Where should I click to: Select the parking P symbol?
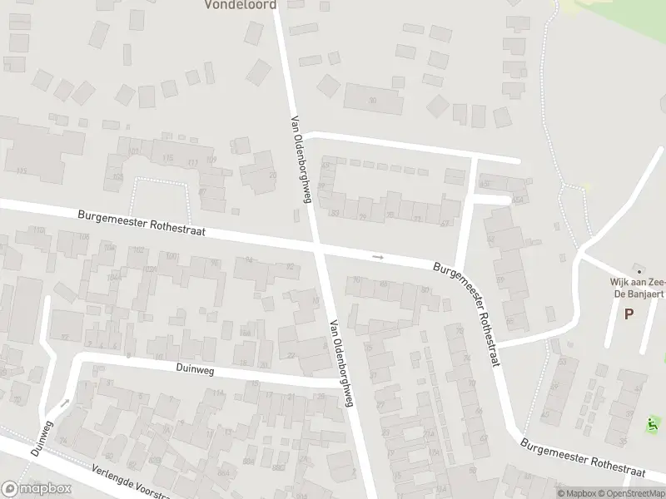(629, 314)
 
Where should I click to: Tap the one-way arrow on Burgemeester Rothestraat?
(378, 257)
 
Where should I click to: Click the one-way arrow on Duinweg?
(66, 403)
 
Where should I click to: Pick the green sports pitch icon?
(653, 424)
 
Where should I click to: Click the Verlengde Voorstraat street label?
(133, 482)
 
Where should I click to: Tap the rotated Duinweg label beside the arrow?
(41, 437)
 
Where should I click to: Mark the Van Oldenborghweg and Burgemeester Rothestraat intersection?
(317, 245)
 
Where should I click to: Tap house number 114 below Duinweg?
(219, 393)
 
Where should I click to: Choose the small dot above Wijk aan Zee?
(639, 271)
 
